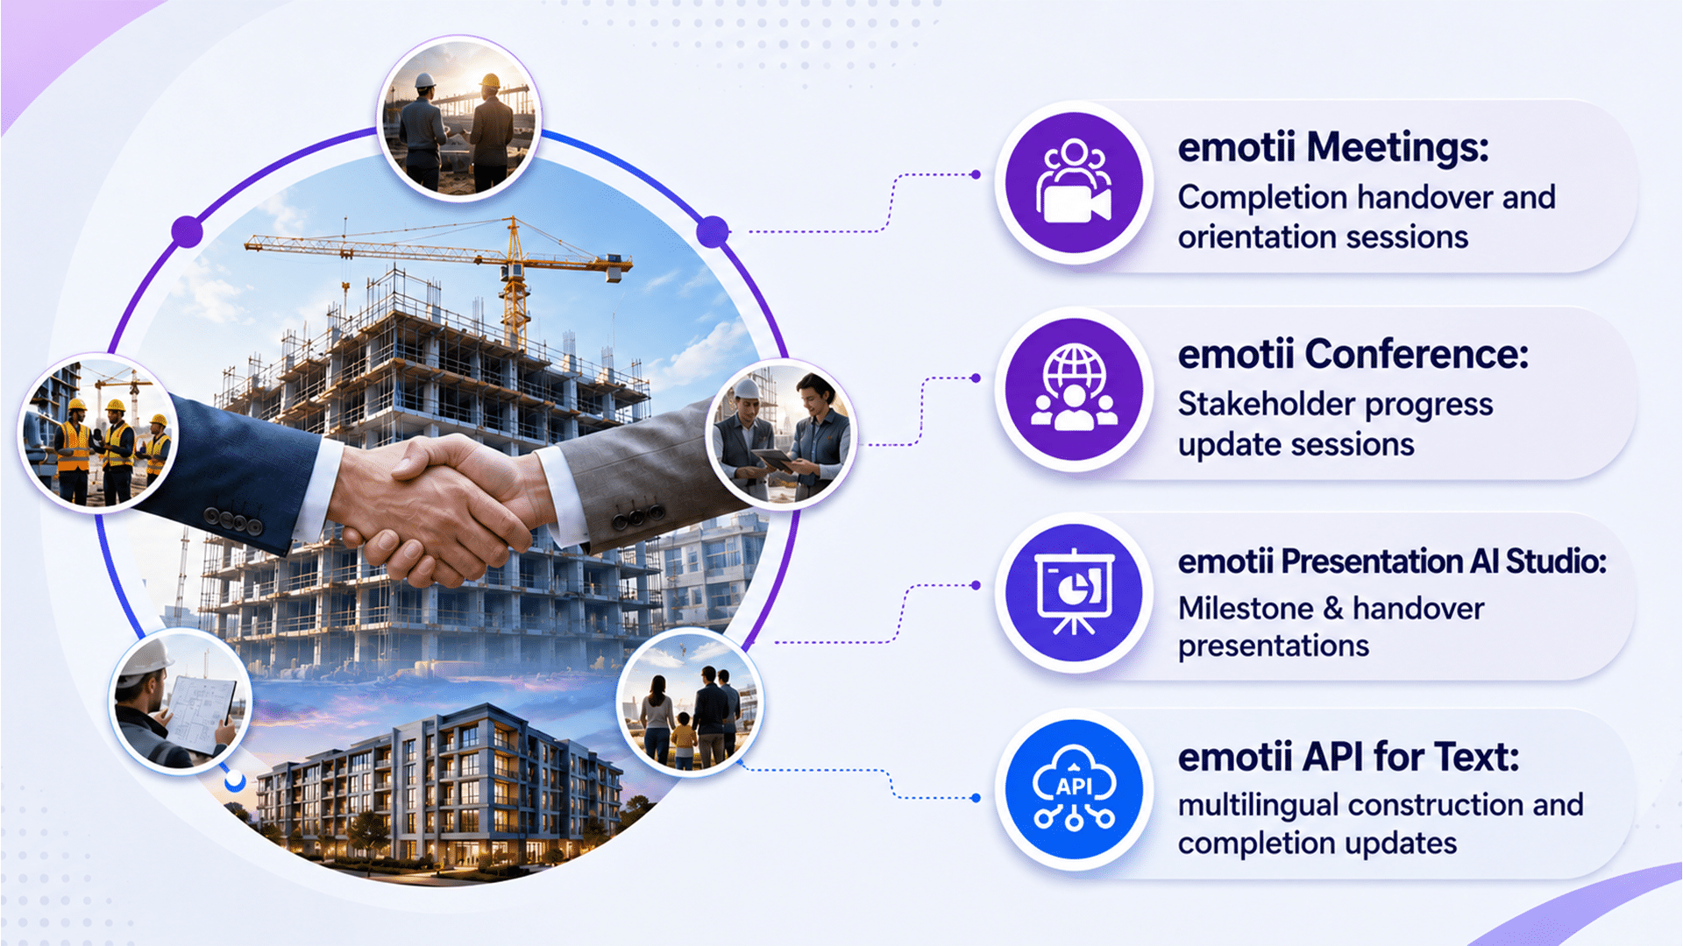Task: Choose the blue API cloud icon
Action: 1074,789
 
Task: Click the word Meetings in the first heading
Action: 1397,147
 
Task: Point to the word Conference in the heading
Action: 1417,355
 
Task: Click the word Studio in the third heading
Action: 1556,561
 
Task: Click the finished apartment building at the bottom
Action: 438,788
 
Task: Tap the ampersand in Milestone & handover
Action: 1333,608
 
